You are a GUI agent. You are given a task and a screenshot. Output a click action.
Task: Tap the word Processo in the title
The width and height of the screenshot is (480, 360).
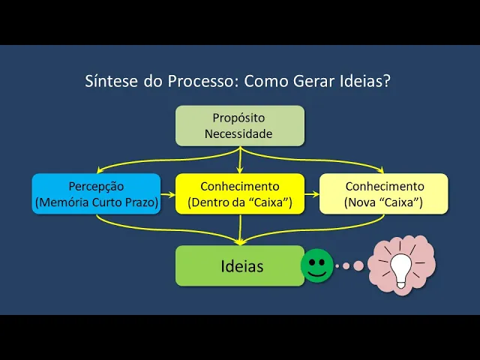(x=198, y=81)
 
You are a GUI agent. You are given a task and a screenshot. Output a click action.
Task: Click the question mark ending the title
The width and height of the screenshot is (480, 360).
(x=387, y=81)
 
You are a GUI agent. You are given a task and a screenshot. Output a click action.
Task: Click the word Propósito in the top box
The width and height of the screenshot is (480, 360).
(x=239, y=118)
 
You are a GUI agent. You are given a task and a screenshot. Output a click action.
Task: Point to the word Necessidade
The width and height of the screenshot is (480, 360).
(x=239, y=134)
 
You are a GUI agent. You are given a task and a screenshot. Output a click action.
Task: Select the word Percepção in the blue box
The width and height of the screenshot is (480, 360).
(x=96, y=186)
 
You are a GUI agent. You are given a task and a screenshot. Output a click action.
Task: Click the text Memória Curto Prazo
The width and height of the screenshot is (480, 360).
(x=96, y=202)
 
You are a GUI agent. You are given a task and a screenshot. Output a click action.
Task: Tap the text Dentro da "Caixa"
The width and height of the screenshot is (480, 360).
(x=240, y=202)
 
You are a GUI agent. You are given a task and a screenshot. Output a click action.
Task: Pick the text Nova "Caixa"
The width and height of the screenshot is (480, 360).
(x=383, y=202)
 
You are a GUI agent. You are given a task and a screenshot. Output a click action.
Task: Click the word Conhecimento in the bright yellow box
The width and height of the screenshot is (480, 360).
(x=240, y=186)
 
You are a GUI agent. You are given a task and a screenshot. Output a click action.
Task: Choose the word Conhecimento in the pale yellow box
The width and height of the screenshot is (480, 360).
(x=384, y=186)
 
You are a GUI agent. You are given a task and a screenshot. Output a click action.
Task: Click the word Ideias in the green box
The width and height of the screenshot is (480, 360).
(x=241, y=266)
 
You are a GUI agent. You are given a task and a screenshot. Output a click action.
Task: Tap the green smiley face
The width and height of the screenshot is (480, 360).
(x=317, y=265)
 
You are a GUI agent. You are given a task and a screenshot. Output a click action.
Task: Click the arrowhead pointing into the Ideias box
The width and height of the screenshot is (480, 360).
(x=240, y=241)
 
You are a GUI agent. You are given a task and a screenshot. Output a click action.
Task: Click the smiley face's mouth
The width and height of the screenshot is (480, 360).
(x=317, y=272)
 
